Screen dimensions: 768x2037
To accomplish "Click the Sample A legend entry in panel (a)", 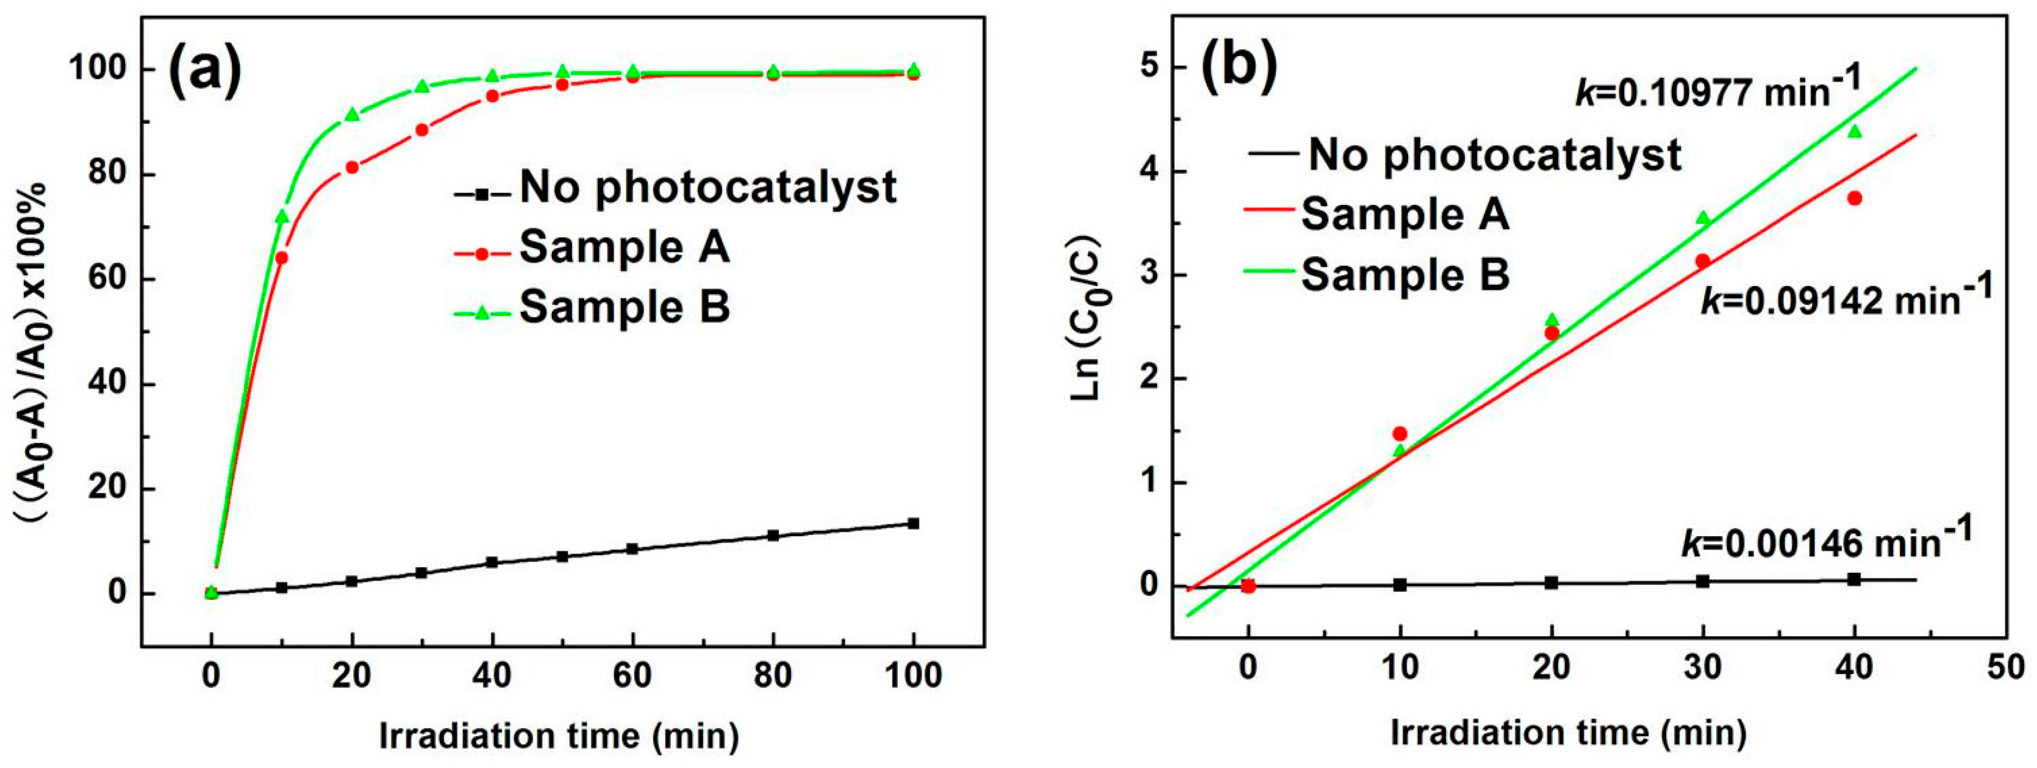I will coord(625,248).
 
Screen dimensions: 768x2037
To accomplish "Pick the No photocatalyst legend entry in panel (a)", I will coord(707,187).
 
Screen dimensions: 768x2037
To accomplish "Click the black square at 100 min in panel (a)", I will coord(914,523).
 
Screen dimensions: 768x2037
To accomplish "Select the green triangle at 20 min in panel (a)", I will coord(352,115).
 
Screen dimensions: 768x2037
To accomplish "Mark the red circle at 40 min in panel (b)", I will coord(1854,198).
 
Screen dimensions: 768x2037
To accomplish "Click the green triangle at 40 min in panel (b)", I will coord(1854,131).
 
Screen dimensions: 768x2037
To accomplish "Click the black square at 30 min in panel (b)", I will coord(1703,581).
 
